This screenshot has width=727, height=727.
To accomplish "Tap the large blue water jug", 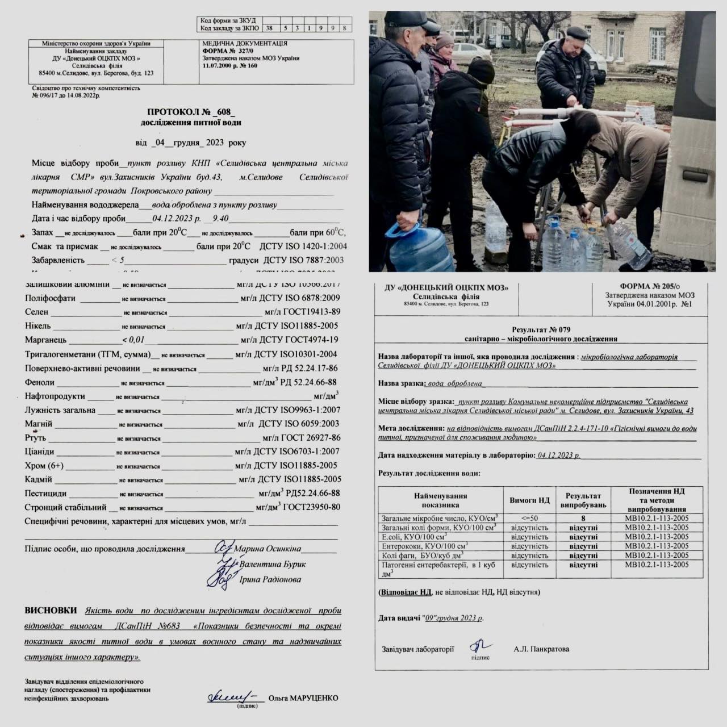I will click(421, 248).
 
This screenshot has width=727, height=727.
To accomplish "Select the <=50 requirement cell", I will click(529, 519).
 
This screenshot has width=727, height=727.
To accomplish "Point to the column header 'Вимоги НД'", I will click(529, 500).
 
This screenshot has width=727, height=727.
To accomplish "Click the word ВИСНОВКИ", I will click(51, 611).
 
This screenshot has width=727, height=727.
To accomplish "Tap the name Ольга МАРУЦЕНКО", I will click(303, 697).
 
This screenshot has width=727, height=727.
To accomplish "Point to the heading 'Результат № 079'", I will click(541, 329).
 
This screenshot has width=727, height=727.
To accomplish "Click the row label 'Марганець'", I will click(45, 340).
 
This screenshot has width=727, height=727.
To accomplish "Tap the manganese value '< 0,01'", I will click(133, 340).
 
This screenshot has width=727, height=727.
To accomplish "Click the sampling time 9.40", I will click(220, 219).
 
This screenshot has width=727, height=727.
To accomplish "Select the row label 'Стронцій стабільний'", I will click(65, 508).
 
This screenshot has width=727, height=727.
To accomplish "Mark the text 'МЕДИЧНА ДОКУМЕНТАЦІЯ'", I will click(245, 43).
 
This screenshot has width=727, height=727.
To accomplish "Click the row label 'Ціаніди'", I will click(40, 452).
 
